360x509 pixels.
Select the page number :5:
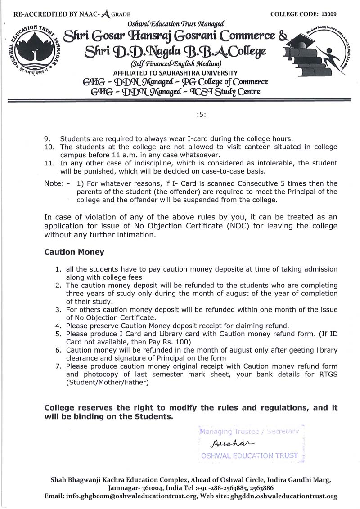pyautogui.click(x=201, y=114)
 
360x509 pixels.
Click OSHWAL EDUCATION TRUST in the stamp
pyautogui.click(x=249, y=455)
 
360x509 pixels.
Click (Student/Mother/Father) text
pyautogui.click(x=107, y=382)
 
